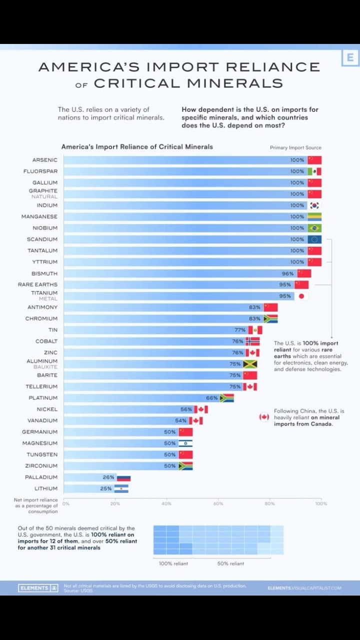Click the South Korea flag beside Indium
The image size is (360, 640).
[314, 205]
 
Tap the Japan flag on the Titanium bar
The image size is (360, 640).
[301, 296]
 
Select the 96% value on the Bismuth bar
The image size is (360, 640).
[288, 273]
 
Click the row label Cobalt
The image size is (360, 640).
[46, 341]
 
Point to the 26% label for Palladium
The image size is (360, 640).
[108, 477]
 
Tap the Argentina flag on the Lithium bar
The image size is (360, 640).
[121, 489]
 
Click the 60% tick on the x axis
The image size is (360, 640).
[218, 504]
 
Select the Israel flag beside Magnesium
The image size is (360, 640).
[185, 443]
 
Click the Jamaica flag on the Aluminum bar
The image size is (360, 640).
[250, 364]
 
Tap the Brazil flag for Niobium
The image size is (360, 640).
[314, 228]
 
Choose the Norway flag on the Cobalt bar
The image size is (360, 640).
[252, 341]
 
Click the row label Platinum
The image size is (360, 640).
[43, 398]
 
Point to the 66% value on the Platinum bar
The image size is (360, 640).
[212, 398]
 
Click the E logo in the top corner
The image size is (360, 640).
[350, 58]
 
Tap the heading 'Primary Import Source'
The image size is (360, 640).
[295, 148]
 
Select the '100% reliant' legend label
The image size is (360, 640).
[173, 564]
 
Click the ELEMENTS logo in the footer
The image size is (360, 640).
[38, 588]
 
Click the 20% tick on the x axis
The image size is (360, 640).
[115, 504]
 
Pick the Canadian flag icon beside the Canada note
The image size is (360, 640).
[264, 417]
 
